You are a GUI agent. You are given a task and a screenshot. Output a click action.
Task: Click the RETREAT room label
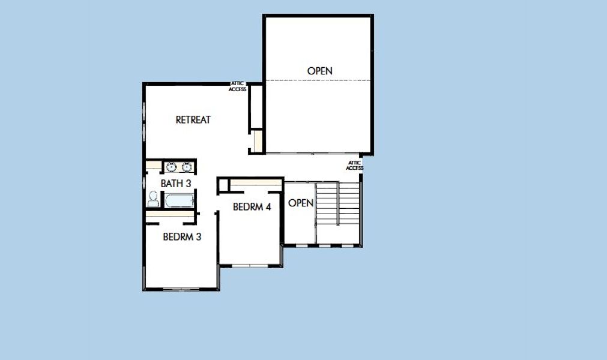(x=193, y=120)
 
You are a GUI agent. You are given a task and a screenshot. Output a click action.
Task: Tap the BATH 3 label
(x=175, y=183)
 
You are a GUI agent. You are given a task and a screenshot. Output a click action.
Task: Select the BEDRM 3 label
(x=182, y=237)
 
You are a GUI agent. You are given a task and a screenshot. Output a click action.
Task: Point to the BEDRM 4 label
(x=252, y=207)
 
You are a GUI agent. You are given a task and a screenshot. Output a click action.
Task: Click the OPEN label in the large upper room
(x=319, y=71)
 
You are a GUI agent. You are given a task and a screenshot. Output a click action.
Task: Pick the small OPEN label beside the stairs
(x=301, y=203)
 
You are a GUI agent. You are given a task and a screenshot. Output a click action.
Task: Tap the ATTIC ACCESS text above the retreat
(x=237, y=87)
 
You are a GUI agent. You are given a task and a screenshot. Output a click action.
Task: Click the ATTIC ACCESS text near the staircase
(x=354, y=166)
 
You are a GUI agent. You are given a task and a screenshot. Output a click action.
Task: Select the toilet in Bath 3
(x=153, y=199)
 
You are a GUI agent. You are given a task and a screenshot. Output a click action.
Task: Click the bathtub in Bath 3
(x=180, y=200)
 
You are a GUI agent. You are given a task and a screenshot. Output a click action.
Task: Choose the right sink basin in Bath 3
(x=187, y=167)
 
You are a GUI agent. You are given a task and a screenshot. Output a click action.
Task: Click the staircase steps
(x=337, y=204)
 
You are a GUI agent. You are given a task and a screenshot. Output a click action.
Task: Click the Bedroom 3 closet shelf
(x=170, y=214)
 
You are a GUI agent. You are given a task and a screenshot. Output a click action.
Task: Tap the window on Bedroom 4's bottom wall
(x=250, y=265)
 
